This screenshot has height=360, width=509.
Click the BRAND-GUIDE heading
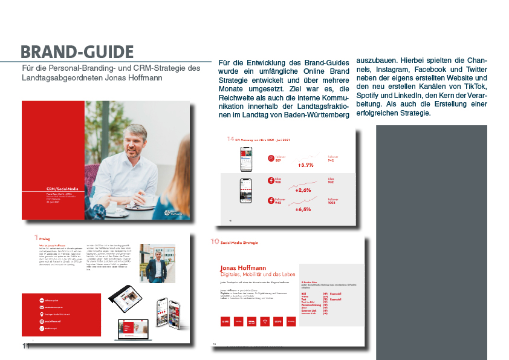[77, 51]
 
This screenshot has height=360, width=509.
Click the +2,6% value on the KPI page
[303, 190]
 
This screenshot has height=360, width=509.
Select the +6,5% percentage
[303, 209]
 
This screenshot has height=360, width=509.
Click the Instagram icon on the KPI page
[271, 158]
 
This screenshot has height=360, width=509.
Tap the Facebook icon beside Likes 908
[271, 180]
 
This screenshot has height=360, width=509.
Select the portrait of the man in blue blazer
[157, 263]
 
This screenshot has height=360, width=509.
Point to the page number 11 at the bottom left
[25, 346]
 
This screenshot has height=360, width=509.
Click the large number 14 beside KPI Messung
[230, 139]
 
